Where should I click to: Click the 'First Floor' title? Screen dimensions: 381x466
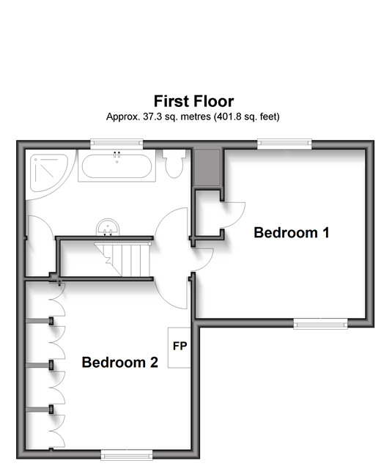[x=193, y=101]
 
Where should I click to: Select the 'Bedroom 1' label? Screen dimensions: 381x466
[x=292, y=232]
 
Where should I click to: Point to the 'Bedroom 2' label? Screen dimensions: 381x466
[x=119, y=362]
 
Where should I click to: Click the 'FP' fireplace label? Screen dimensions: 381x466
[x=180, y=346]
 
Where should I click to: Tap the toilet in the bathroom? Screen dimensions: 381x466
[x=174, y=163]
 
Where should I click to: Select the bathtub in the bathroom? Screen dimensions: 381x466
[x=116, y=166]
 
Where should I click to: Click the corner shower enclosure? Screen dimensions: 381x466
[x=48, y=173]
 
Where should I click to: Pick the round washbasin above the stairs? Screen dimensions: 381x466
[x=108, y=227]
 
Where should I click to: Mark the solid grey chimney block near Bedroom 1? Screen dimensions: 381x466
[x=207, y=168]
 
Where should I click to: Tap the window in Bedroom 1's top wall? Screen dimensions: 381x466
[x=284, y=144]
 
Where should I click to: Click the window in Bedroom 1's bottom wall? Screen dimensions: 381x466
[x=320, y=324]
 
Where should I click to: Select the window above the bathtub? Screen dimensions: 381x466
[x=116, y=144]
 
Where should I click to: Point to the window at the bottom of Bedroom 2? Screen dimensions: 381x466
[x=127, y=455]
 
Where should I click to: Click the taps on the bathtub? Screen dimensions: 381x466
[x=116, y=155]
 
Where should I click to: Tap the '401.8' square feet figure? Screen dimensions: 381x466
[x=228, y=116]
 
